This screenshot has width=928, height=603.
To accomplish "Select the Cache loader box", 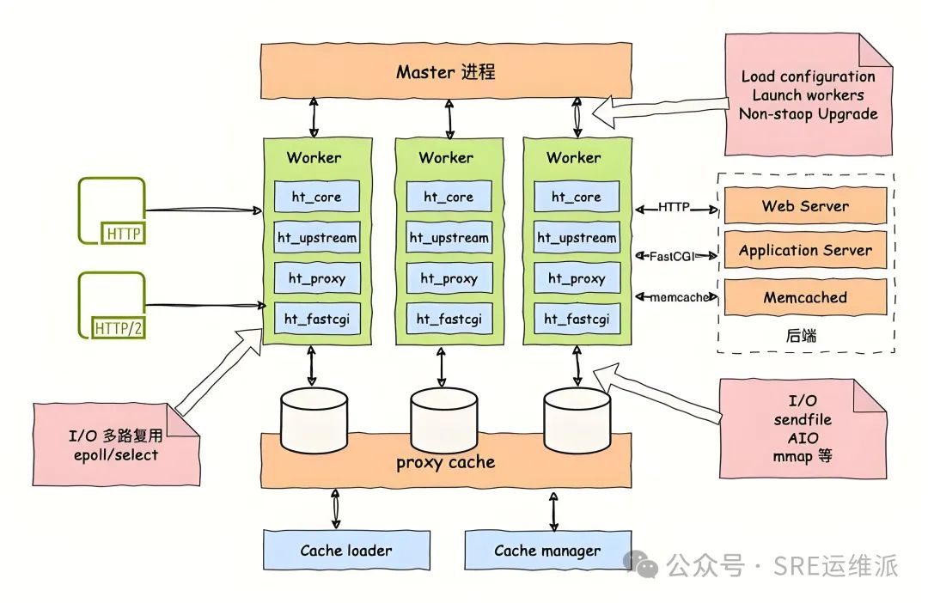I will click(x=345, y=551).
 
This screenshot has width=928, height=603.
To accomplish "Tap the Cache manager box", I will click(x=547, y=551).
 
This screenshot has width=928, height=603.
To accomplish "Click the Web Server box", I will click(x=805, y=206).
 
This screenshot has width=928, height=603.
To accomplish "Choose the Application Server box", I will click(x=805, y=251).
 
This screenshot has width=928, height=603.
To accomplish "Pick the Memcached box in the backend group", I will click(x=805, y=297).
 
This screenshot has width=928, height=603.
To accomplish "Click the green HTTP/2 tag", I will click(x=124, y=326).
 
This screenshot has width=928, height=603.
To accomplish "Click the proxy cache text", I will click(x=445, y=462).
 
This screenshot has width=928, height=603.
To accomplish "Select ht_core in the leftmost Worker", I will click(x=316, y=197).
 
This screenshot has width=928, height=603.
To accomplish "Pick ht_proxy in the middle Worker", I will click(x=445, y=278).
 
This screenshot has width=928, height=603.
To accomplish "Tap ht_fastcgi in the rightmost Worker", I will click(x=577, y=319).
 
